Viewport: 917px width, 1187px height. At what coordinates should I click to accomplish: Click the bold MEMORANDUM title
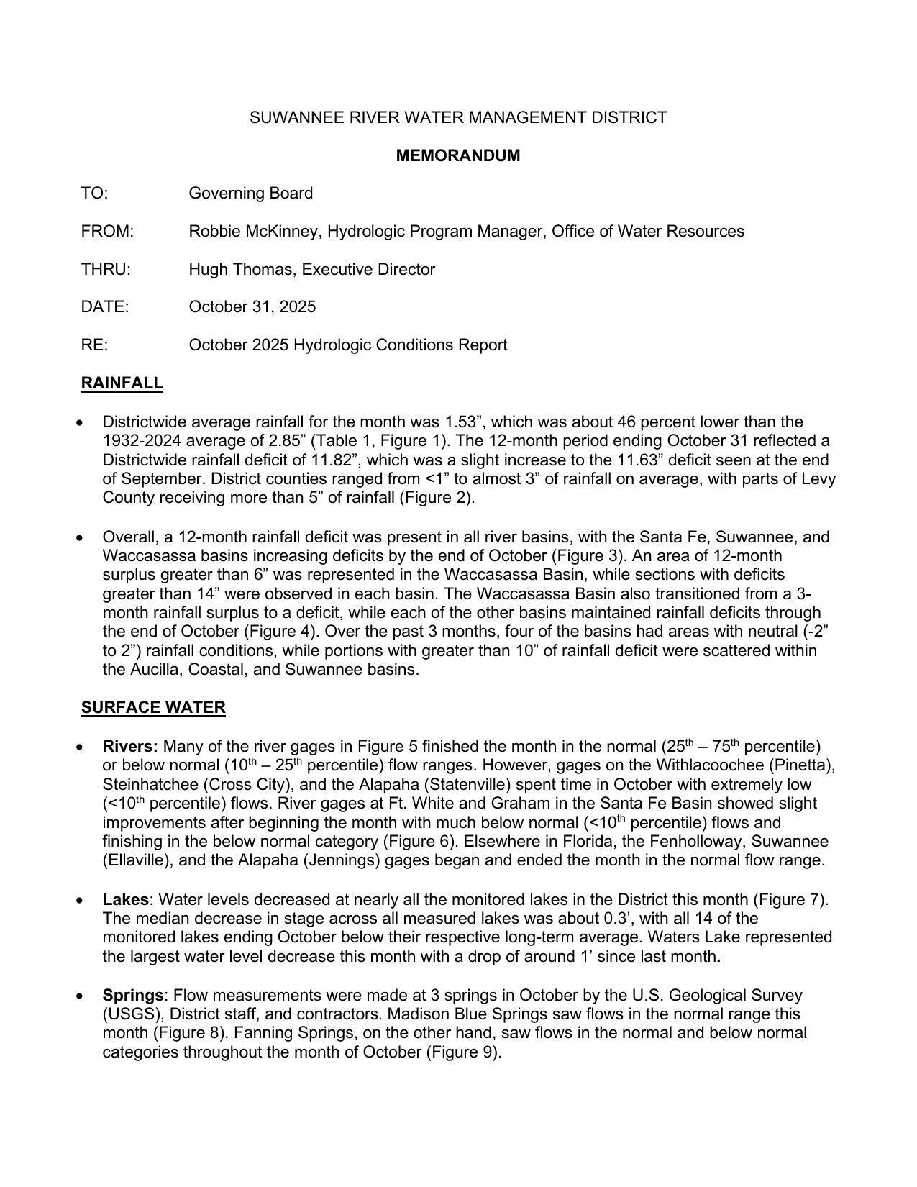[x=458, y=155]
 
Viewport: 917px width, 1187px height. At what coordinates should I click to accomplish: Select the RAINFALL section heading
[x=122, y=383]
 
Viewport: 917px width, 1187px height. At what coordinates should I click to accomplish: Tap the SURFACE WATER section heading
[x=153, y=708]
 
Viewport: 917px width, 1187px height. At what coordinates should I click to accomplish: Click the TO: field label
[x=94, y=194]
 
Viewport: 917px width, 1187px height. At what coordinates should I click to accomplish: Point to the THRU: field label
[x=106, y=270]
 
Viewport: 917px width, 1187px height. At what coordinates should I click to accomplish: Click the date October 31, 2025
[x=252, y=307]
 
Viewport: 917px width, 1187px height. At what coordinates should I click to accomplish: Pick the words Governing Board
[x=250, y=194]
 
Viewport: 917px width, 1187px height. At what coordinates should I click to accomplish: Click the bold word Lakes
[x=125, y=900]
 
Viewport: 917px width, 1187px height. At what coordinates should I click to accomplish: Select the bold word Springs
[x=133, y=996]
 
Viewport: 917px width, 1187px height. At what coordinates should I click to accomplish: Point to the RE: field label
[x=94, y=345]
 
